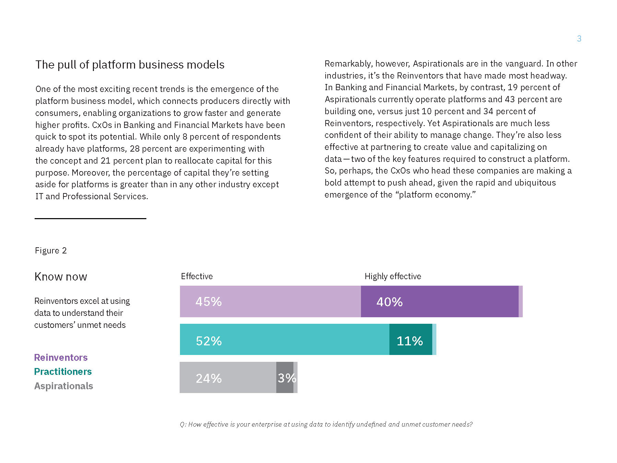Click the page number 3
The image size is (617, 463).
pos(579,39)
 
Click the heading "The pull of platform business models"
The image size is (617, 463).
pos(130,65)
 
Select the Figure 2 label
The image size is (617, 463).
pos(51,251)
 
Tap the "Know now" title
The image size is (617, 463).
pos(61,277)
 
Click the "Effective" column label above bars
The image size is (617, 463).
pos(197,276)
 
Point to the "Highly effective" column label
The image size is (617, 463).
pos(392,276)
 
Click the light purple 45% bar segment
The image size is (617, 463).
pos(270,301)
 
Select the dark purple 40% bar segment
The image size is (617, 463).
pos(439,301)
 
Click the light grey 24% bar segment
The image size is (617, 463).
pos(228,378)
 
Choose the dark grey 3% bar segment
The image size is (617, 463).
pos(285,378)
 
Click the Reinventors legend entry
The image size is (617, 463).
pos(61,358)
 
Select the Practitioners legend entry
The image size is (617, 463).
pos(63,372)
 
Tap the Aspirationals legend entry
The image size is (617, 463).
pos(64,386)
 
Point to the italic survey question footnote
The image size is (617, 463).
pos(326,425)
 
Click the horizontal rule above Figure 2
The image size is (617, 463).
pos(90,218)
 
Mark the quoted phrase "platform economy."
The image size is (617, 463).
pos(435,195)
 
